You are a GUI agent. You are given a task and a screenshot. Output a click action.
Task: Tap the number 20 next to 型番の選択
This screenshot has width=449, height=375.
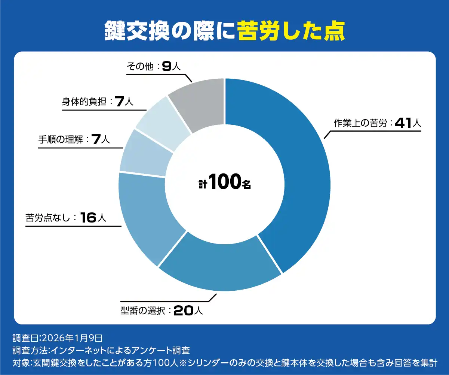pos(184,311)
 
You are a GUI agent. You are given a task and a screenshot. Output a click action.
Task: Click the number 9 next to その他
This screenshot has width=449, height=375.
pos(167,66)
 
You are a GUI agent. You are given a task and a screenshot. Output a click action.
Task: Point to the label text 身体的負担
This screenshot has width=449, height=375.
pos(84,102)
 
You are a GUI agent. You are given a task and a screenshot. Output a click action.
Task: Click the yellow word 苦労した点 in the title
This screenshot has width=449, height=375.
pos(291,31)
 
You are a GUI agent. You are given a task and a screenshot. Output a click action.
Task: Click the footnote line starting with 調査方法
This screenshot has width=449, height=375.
pos(101,351)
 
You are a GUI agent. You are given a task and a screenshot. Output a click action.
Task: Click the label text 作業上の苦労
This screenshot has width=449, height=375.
pos(360,124)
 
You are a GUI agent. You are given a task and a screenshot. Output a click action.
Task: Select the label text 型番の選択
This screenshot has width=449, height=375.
pos(142,311)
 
